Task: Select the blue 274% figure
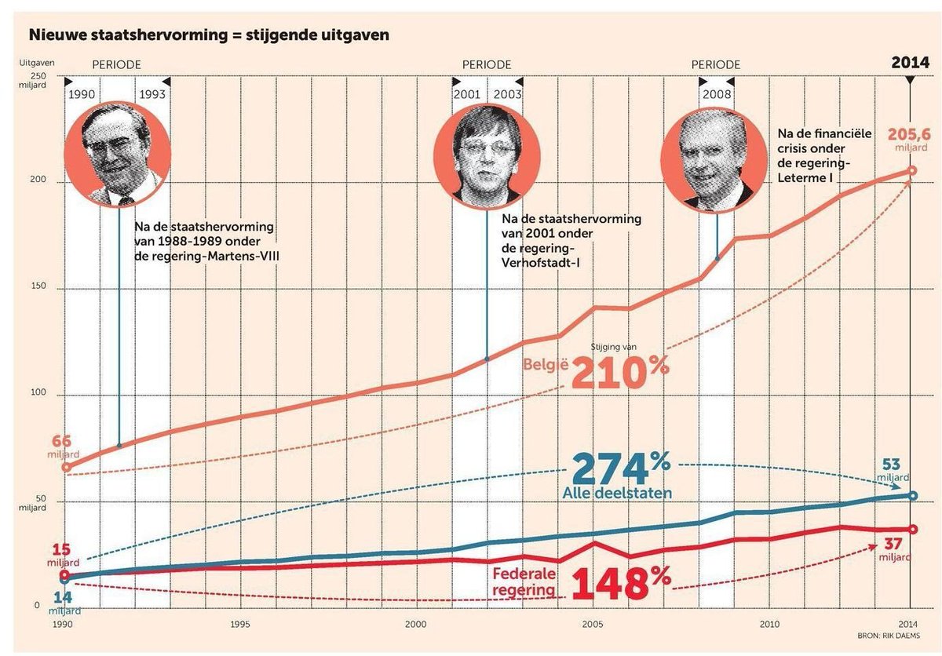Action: (620, 468)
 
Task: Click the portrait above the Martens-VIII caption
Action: (118, 154)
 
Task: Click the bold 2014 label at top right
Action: (910, 63)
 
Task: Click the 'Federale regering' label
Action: (524, 581)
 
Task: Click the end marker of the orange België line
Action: (911, 170)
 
